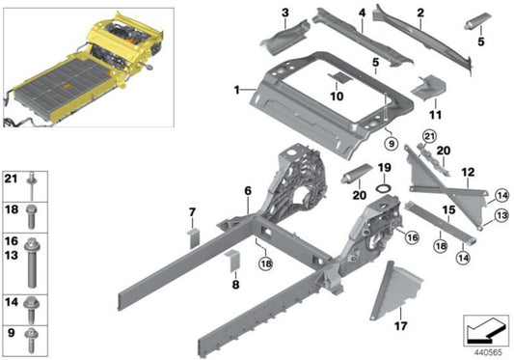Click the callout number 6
pyautogui.click(x=248, y=192)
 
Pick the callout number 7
pyautogui.click(x=192, y=211)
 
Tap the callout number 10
pyautogui.click(x=337, y=97)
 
